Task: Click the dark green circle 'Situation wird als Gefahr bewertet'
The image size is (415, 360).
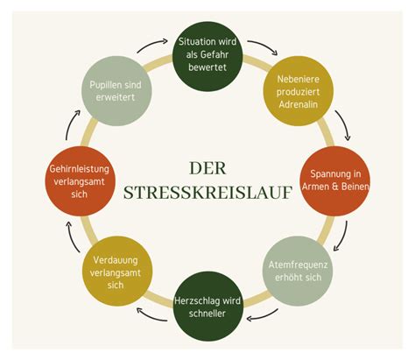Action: (207, 56)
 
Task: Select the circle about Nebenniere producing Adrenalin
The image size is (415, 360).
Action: (298, 91)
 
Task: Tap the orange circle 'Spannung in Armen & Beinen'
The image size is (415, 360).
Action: (335, 181)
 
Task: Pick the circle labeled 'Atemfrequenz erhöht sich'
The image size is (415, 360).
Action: (298, 271)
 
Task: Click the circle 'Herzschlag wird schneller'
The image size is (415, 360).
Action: (207, 307)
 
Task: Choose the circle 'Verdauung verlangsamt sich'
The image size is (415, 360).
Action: (117, 271)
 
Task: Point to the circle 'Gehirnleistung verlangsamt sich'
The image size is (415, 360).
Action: (81, 181)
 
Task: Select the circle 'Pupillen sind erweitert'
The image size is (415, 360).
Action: (116, 91)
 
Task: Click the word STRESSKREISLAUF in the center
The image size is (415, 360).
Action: (207, 193)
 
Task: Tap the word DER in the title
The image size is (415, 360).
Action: (207, 168)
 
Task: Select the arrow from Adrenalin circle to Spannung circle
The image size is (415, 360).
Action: (345, 124)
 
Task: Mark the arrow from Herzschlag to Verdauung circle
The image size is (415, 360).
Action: (151, 317)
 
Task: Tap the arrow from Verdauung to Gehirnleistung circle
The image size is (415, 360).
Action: (70, 236)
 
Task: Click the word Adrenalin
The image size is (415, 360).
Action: (298, 104)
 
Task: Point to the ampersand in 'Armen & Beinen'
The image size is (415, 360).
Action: (335, 187)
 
